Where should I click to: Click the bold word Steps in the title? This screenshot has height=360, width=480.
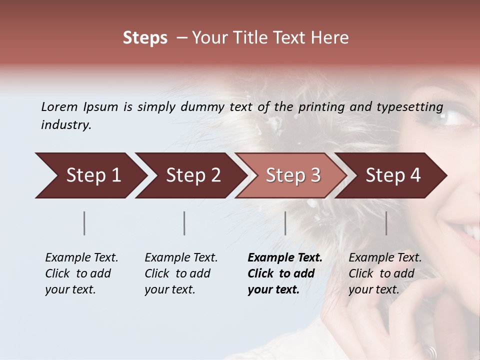145,38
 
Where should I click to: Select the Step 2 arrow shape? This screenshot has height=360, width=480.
190,175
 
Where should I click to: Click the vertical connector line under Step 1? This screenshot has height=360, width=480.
84,223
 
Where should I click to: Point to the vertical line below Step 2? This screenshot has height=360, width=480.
184,223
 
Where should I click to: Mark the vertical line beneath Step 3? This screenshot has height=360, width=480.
285,223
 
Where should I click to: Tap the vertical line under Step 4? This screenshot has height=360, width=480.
386,223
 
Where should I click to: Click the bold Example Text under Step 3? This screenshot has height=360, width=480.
284,273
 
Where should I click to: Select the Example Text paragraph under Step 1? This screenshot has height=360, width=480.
81,273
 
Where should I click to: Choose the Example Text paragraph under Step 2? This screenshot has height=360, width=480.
181,273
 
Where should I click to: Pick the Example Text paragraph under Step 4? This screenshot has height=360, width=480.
385,273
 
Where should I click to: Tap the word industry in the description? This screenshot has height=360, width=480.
66,125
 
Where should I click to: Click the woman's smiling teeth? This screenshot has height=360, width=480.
471,231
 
